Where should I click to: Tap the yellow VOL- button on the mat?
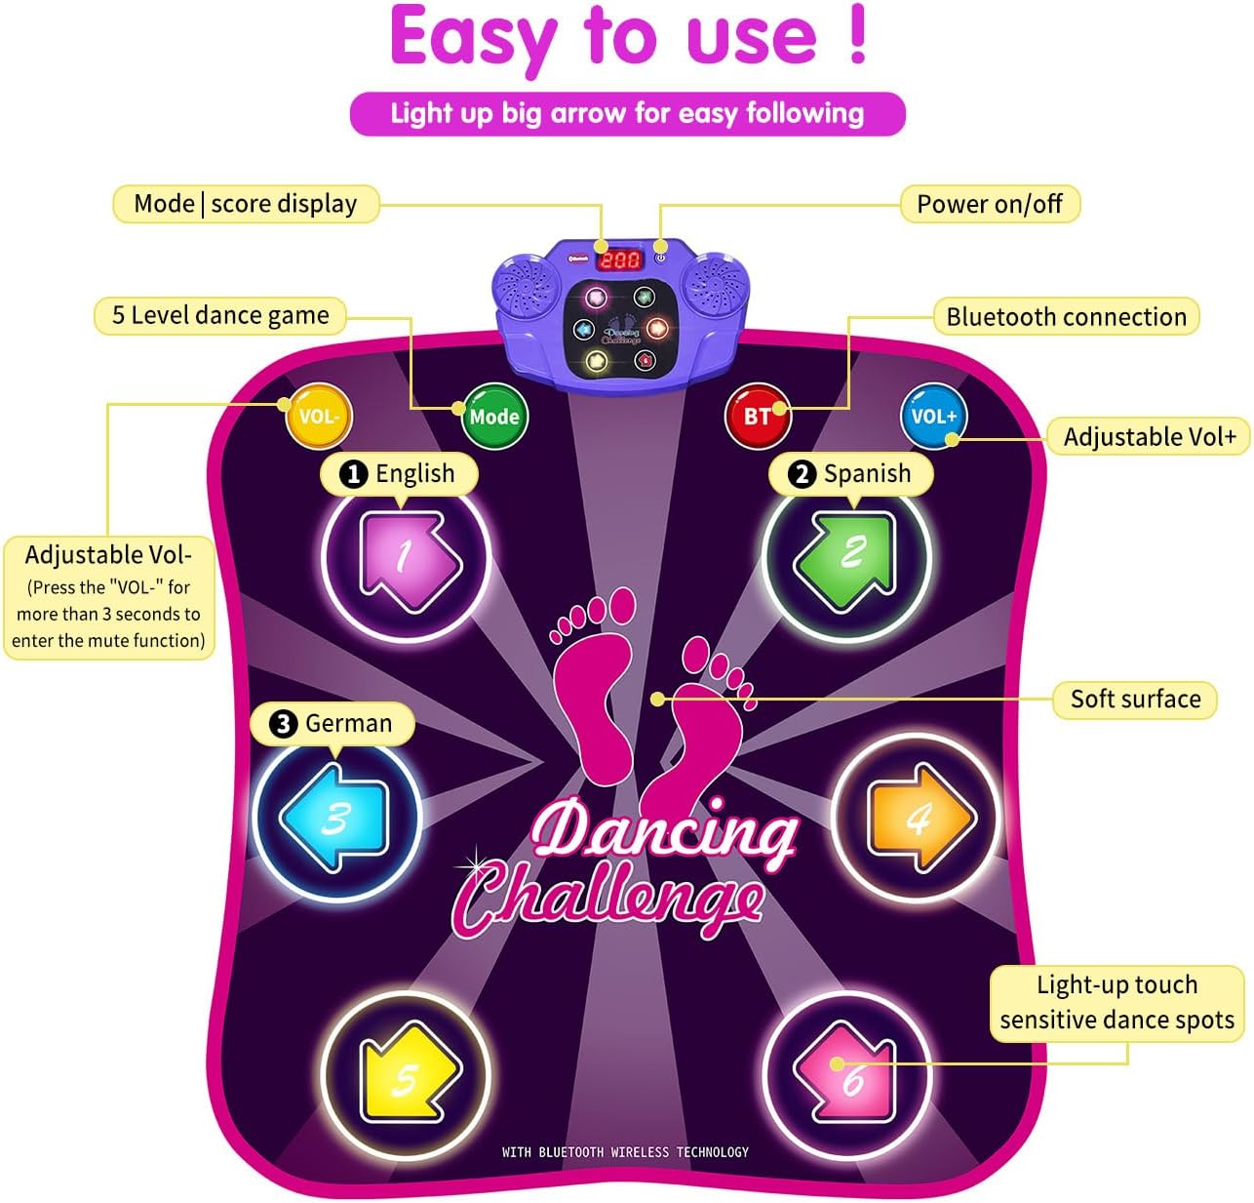pos(318,417)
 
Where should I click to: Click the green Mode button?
pos(493,417)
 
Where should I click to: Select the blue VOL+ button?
pos(933,417)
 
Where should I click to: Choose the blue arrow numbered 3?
pos(335,817)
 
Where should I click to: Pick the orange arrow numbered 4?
pos(917,817)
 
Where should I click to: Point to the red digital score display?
pos(620,260)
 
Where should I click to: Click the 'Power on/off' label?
pos(989,204)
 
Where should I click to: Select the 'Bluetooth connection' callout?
pos(1066,316)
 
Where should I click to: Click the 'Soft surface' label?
pos(1135,699)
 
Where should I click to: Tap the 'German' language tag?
pos(333,723)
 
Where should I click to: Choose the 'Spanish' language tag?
pos(851,473)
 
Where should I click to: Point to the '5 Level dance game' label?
pos(220,315)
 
